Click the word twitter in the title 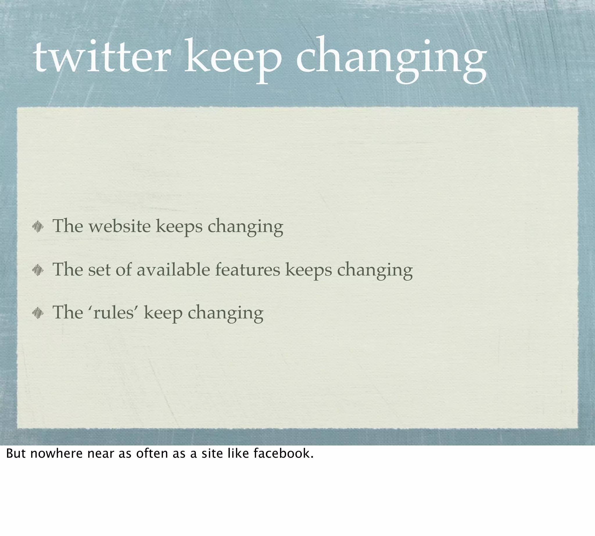click(x=102, y=57)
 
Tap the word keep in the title click(x=233, y=59)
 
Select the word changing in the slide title click(x=391, y=59)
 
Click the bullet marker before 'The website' click(x=38, y=227)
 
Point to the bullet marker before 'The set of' click(x=38, y=270)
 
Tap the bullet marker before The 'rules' click(x=38, y=313)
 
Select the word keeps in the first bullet click(x=179, y=227)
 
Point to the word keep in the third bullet click(x=163, y=313)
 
